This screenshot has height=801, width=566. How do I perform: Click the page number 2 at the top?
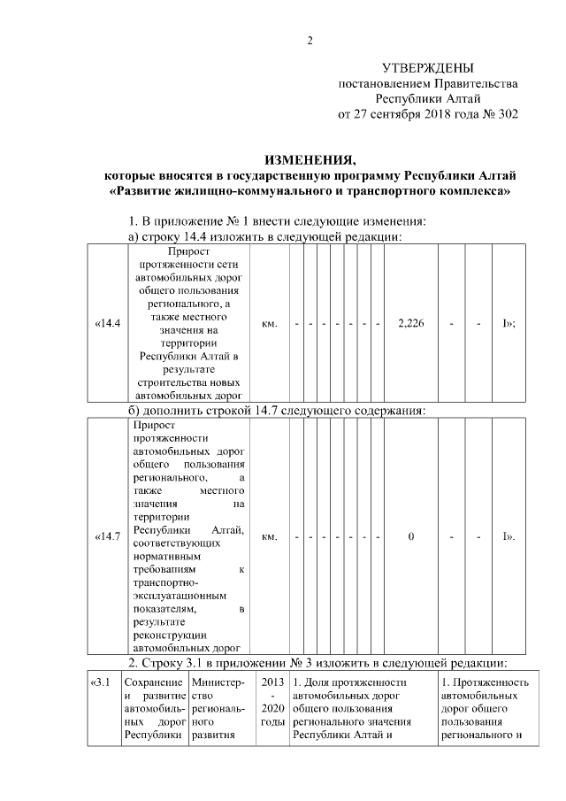click(x=310, y=40)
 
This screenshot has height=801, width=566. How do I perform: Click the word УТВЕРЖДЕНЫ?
click(x=427, y=68)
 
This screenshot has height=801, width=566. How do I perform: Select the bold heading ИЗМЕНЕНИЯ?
click(x=310, y=160)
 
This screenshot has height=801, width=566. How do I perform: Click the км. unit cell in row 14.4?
click(x=271, y=323)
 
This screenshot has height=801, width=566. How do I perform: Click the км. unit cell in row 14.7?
click(x=271, y=536)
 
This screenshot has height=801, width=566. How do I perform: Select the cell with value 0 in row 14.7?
click(x=411, y=536)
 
